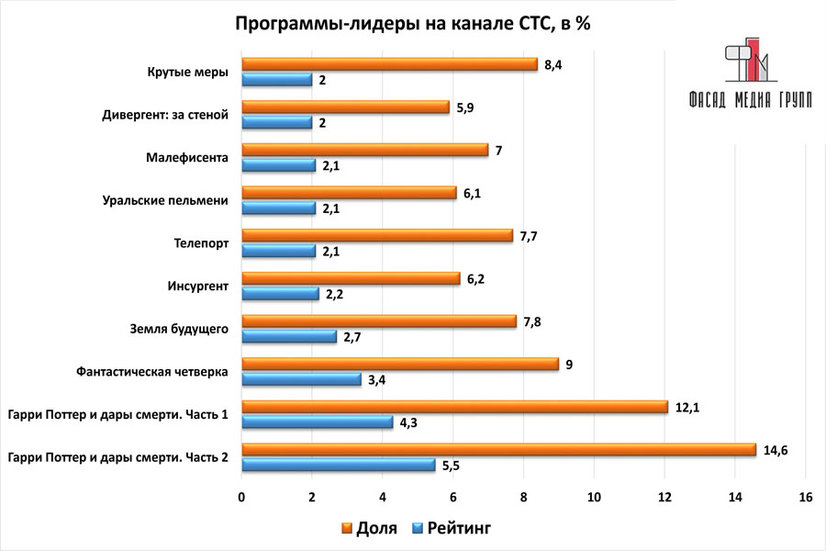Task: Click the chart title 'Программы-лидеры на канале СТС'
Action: coord(413,25)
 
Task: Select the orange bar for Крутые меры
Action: coord(389,64)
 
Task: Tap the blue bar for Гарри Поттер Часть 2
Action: coord(338,466)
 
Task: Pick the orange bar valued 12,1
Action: coord(454,407)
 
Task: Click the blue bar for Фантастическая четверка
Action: coord(301,379)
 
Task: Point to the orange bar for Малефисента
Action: coord(364,150)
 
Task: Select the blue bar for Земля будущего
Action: coord(288,337)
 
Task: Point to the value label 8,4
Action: coord(554,64)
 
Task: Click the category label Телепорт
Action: coord(203,242)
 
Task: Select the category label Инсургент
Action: coord(196,286)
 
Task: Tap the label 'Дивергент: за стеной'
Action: coord(165,115)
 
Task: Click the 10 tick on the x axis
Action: coord(594,497)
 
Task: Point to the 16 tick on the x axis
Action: coord(806,497)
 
